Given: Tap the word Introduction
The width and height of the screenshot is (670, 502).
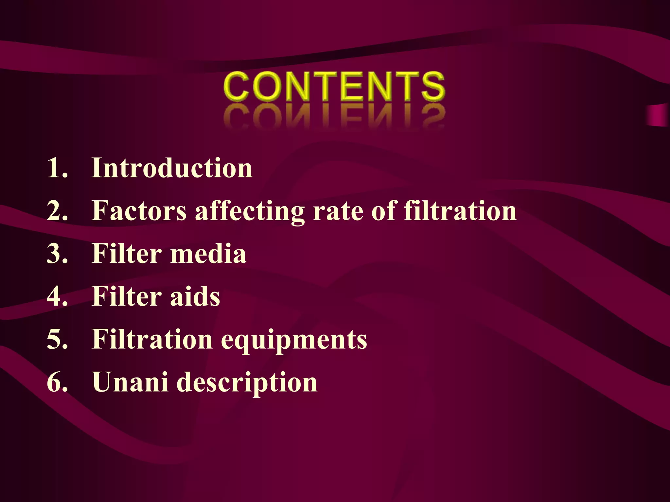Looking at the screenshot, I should click(172, 168).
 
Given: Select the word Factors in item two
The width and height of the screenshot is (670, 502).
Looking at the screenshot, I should click(139, 211).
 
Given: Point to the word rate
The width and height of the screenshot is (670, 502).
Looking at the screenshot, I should click(338, 211).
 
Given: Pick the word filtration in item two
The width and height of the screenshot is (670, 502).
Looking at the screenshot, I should click(460, 211).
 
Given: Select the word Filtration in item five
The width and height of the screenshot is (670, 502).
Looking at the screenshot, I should click(152, 339).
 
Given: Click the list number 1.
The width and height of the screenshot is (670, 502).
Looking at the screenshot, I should click(57, 168).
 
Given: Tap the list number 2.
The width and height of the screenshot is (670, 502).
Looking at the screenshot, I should click(57, 211).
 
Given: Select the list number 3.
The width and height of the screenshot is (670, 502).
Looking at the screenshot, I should click(57, 254).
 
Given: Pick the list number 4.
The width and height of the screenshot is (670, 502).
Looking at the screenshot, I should click(57, 296).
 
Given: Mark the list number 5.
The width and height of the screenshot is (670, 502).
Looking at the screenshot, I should click(57, 339).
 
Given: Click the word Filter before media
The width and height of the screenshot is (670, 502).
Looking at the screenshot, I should click(127, 254).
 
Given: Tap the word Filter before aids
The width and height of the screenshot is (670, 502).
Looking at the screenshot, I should click(127, 296).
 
